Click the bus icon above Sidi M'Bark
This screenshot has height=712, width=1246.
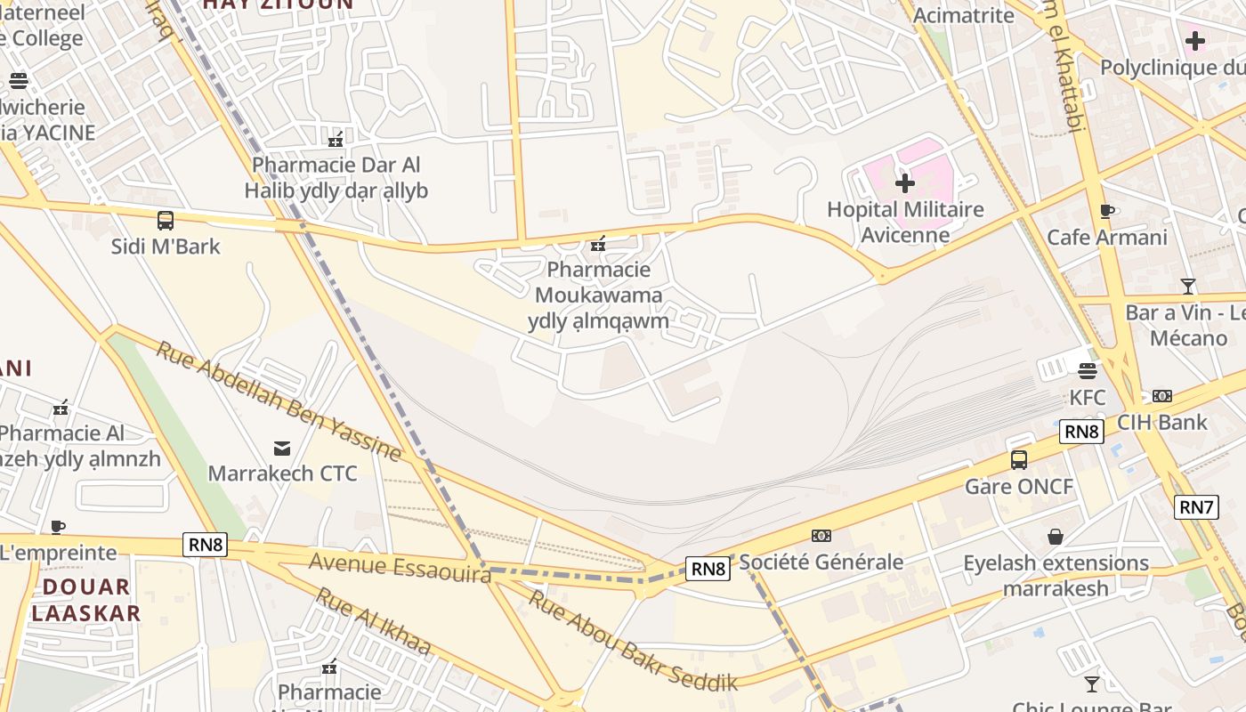[165, 220]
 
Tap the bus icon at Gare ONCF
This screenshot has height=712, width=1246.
[1019, 460]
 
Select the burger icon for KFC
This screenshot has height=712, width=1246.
[1087, 370]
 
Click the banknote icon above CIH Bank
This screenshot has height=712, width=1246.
[1162, 395]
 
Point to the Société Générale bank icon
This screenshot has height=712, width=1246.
[821, 535]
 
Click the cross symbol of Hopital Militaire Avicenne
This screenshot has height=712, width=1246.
[905, 183]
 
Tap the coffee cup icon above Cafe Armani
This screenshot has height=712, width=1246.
[1106, 211]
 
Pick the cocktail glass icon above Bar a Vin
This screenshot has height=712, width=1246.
[1187, 286]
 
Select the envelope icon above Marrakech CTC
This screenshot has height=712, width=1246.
[282, 447]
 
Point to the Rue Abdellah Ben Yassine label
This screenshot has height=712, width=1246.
[279, 400]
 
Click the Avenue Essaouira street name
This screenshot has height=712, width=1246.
[400, 567]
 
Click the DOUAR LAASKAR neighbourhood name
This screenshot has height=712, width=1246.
[86, 600]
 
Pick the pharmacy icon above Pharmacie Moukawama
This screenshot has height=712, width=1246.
[598, 243]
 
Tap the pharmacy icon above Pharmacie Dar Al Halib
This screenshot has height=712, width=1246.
[336, 138]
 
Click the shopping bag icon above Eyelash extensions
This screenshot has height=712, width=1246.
[1056, 536]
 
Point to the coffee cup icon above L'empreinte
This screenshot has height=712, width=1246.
[58, 527]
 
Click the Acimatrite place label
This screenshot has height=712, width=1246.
[963, 15]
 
